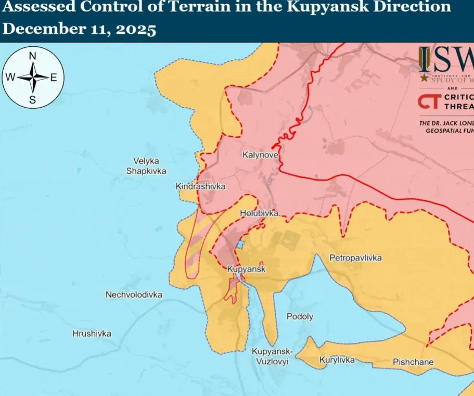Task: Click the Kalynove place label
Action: (260, 155)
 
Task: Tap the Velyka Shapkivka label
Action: (146, 166)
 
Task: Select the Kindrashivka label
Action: (201, 186)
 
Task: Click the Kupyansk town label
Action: (247, 269)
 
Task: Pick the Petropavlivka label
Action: (355, 258)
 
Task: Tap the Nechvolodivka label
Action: (134, 295)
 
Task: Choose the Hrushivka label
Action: (92, 334)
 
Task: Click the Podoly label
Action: (300, 316)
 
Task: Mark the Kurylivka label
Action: (337, 360)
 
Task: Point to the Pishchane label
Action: (413, 362)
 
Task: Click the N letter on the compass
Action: (32, 56)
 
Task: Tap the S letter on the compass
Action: (32, 100)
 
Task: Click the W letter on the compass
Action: (10, 78)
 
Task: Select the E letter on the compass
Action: (54, 78)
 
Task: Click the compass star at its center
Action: (32, 78)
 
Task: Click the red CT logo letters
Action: (430, 101)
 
